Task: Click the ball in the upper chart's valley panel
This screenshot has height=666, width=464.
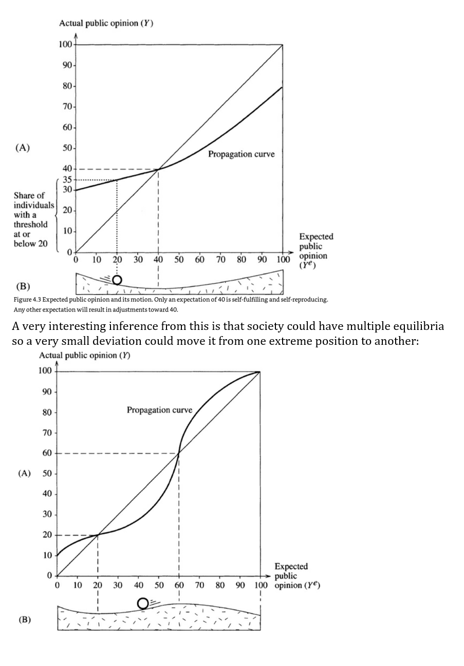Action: pyautogui.click(x=117, y=280)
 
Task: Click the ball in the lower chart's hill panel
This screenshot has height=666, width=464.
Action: pyautogui.click(x=143, y=603)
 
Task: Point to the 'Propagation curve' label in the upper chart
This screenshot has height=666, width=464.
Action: pyautogui.click(x=241, y=154)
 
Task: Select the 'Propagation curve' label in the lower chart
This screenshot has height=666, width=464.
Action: pyautogui.click(x=159, y=409)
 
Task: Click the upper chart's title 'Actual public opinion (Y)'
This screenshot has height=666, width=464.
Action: pyautogui.click(x=106, y=23)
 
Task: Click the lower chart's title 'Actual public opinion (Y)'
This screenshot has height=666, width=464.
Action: pyautogui.click(x=85, y=356)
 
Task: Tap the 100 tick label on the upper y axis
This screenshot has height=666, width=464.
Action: pyautogui.click(x=65, y=44)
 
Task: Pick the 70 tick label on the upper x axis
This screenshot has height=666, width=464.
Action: pyautogui.click(x=220, y=259)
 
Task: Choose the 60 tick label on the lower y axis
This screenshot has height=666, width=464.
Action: pyautogui.click(x=47, y=453)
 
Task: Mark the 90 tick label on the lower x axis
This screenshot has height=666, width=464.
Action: pyautogui.click(x=240, y=585)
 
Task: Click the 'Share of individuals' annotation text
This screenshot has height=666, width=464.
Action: pyautogui.click(x=32, y=200)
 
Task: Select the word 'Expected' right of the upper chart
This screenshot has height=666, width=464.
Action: pyautogui.click(x=316, y=237)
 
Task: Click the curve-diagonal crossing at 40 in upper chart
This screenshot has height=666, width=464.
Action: pyautogui.click(x=158, y=169)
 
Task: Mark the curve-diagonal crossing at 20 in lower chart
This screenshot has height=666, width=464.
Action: pyautogui.click(x=98, y=535)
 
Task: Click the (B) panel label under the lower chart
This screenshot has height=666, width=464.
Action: pyautogui.click(x=25, y=619)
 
